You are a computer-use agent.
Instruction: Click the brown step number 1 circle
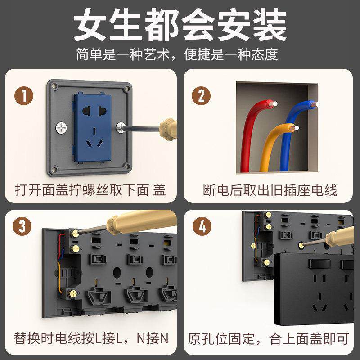coord(24,96)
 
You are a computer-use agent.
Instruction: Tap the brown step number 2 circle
coord(201,96)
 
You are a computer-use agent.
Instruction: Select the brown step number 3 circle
coord(22,226)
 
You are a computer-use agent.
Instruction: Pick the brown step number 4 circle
coord(202,226)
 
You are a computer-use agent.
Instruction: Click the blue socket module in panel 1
coord(93,128)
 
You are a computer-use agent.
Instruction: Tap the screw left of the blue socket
coord(62,128)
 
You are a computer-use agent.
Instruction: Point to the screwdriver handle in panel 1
coord(168,129)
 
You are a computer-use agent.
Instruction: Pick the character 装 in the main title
coord(270,25)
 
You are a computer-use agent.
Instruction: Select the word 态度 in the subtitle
coord(265,54)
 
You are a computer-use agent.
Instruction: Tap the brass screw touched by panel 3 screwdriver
coord(75,234)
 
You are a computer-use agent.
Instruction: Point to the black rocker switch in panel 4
coord(319,264)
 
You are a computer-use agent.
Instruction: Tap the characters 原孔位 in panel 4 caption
coord(208,339)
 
